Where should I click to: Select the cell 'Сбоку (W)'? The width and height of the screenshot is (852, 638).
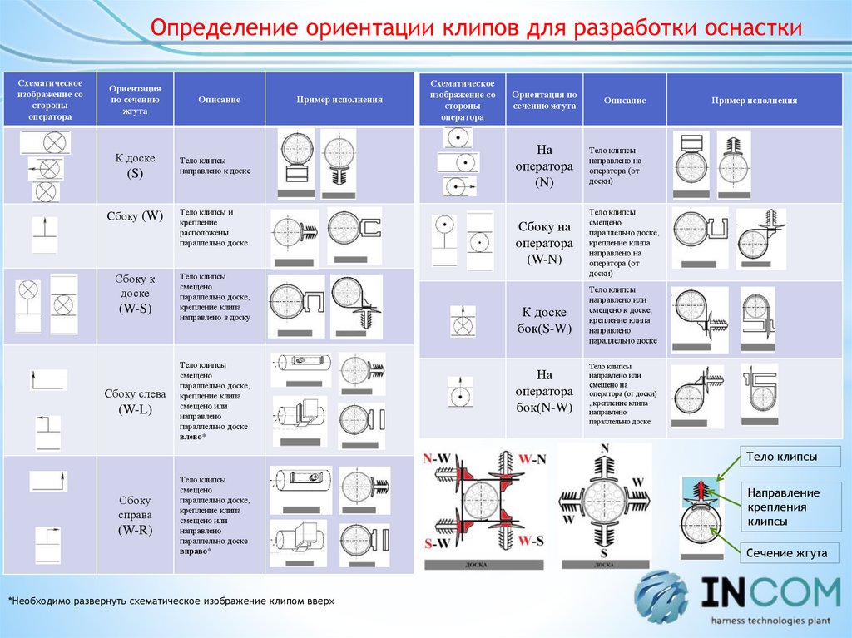pos(135,216)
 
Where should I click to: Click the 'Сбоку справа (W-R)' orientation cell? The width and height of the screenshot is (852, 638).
pos(135,515)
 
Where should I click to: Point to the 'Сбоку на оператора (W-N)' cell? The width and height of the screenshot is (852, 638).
pos(544,242)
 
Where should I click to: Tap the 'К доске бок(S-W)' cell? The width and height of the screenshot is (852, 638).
pos(544,320)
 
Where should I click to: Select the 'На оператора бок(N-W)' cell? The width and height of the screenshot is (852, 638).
pos(544,390)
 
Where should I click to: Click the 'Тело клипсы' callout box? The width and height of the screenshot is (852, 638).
pos(781,457)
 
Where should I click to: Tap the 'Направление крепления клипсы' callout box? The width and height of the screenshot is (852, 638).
pos(783,507)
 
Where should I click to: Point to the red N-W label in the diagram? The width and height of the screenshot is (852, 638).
pos(438,458)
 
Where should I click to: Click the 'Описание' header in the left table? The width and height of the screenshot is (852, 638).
pos(220,100)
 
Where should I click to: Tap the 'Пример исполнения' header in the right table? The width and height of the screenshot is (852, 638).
pos(754,100)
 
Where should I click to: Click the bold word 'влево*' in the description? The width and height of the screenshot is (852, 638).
pos(193,437)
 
